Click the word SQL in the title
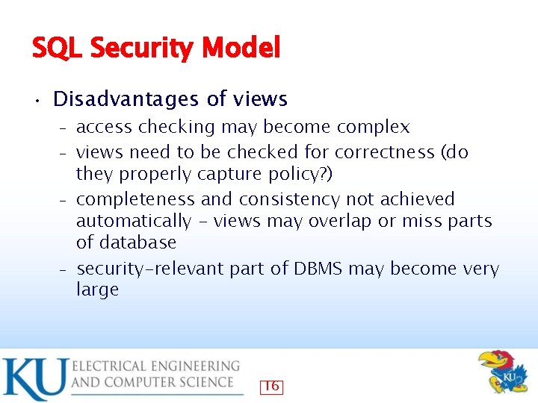58,49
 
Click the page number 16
271,386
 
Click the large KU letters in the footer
34,379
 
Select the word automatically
134,221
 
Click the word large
97,290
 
